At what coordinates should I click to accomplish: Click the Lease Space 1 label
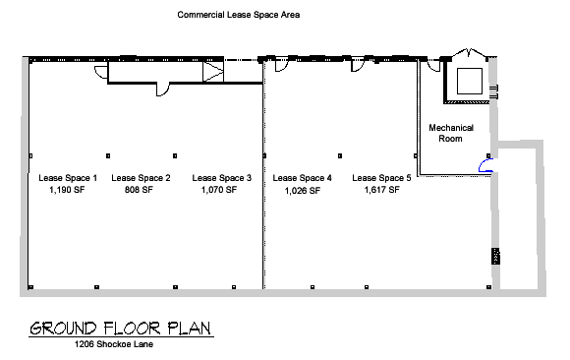(68, 178)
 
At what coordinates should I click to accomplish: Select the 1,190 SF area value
(67, 190)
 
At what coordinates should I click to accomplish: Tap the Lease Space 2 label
(141, 178)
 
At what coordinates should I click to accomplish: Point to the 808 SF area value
(139, 190)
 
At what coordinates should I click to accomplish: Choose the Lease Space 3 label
(222, 178)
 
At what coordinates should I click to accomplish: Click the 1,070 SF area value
(219, 190)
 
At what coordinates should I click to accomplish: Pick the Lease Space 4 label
(303, 178)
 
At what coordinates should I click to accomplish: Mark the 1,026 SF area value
(303, 191)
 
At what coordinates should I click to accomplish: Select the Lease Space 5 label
(381, 178)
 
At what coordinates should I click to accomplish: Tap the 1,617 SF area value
(382, 190)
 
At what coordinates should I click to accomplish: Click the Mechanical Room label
(451, 133)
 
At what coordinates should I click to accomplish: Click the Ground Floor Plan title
(121, 329)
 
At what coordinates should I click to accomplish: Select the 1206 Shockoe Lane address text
(114, 344)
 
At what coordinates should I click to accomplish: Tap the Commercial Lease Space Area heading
(239, 15)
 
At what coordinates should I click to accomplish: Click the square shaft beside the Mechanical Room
(470, 81)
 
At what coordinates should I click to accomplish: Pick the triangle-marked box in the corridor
(213, 72)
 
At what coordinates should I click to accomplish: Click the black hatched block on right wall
(495, 256)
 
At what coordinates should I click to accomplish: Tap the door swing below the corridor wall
(163, 90)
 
